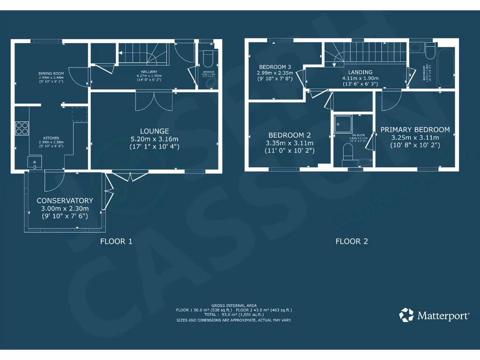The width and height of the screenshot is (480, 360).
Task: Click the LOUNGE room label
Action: [x=154, y=131]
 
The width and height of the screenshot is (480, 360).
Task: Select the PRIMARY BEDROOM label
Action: [x=415, y=130]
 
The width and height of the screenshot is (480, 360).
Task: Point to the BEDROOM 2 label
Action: [x=290, y=135]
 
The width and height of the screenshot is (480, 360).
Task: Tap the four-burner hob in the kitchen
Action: [x=22, y=128]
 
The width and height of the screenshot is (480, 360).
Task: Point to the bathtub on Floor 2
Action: [x=446, y=67]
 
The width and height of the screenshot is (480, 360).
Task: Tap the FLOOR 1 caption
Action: [x=116, y=241]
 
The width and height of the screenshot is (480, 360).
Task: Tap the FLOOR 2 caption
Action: [x=352, y=241]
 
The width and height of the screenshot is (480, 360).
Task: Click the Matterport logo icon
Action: [x=406, y=315]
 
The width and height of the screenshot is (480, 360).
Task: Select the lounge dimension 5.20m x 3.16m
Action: [x=154, y=139]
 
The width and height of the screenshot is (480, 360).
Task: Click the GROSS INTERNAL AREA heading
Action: [x=234, y=305]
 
